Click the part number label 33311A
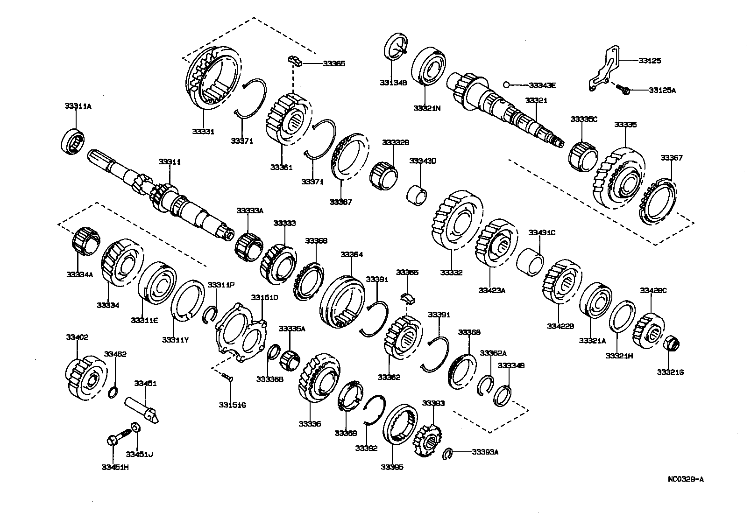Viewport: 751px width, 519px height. point(78,106)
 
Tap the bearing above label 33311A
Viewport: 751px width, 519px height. point(74,140)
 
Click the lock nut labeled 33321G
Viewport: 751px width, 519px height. point(671,344)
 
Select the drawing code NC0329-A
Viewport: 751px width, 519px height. point(685,479)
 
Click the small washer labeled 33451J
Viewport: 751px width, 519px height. point(135,427)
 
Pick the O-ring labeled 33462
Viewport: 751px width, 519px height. point(113,393)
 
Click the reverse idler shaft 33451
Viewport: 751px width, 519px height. point(142,408)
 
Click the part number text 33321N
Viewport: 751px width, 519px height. point(426,108)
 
